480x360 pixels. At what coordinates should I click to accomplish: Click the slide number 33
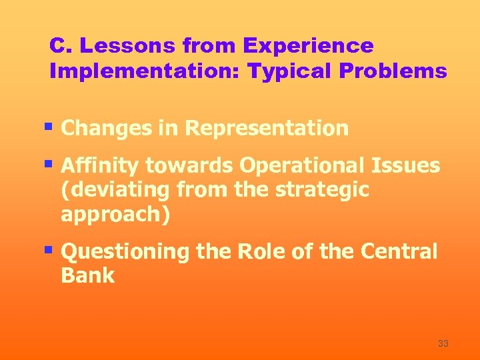coord(443,343)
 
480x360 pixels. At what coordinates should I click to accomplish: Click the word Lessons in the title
coord(123,46)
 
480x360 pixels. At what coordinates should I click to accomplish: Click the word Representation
coord(267,128)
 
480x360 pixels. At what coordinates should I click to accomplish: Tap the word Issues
coord(414,165)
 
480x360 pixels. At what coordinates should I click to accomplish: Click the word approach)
coord(115,215)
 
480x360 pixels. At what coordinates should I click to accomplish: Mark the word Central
coord(399,252)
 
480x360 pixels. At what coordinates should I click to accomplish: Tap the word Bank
coord(87,276)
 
